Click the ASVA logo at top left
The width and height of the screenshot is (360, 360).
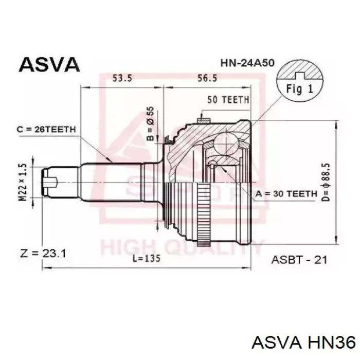pyautogui.click(x=49, y=64)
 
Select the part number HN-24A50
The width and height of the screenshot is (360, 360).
pyautogui.click(x=247, y=63)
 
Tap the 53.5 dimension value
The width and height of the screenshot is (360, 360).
pyautogui.click(x=122, y=79)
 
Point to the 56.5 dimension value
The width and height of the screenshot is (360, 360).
pyautogui.click(x=207, y=79)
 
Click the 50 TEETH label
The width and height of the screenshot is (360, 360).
pyautogui.click(x=228, y=100)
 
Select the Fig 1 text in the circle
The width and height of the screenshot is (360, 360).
pyautogui.click(x=300, y=88)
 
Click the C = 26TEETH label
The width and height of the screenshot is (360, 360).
pyautogui.click(x=46, y=130)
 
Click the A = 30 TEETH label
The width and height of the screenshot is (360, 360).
pyautogui.click(x=286, y=194)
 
